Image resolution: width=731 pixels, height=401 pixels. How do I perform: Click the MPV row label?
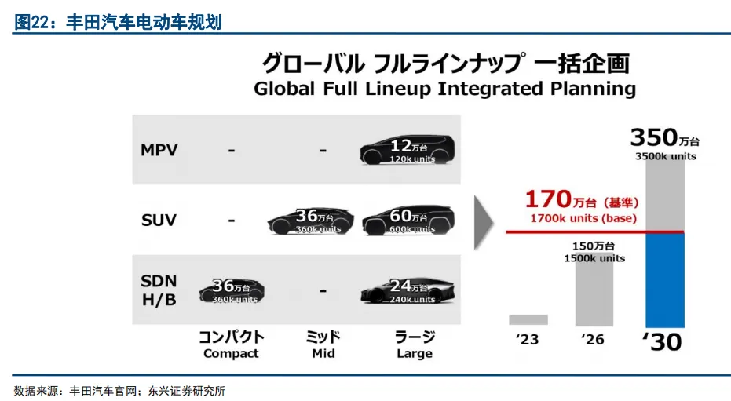point(159,150)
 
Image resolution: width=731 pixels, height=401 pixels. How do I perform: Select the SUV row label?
point(159,220)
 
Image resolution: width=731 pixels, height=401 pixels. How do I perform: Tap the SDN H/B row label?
point(159,290)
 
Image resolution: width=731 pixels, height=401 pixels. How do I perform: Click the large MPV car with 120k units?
point(408,150)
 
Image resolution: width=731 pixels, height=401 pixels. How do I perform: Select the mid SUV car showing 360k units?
point(310,221)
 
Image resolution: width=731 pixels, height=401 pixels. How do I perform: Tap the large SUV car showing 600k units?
point(408,221)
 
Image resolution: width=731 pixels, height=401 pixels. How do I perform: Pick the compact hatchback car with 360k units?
point(232,292)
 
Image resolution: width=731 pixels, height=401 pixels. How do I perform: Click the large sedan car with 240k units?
point(408,291)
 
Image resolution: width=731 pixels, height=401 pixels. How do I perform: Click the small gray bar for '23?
point(528,319)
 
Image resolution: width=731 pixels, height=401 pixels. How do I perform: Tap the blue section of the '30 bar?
point(665,280)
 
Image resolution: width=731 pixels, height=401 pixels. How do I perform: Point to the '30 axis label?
point(663,342)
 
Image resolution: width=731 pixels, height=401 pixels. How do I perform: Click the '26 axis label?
point(593,340)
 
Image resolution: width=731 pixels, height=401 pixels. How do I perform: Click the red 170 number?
point(548,199)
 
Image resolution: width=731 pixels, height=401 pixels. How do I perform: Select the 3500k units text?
point(666,156)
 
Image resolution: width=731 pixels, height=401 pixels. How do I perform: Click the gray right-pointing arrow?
point(484,223)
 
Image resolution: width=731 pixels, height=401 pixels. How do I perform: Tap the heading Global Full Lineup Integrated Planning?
point(444,89)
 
